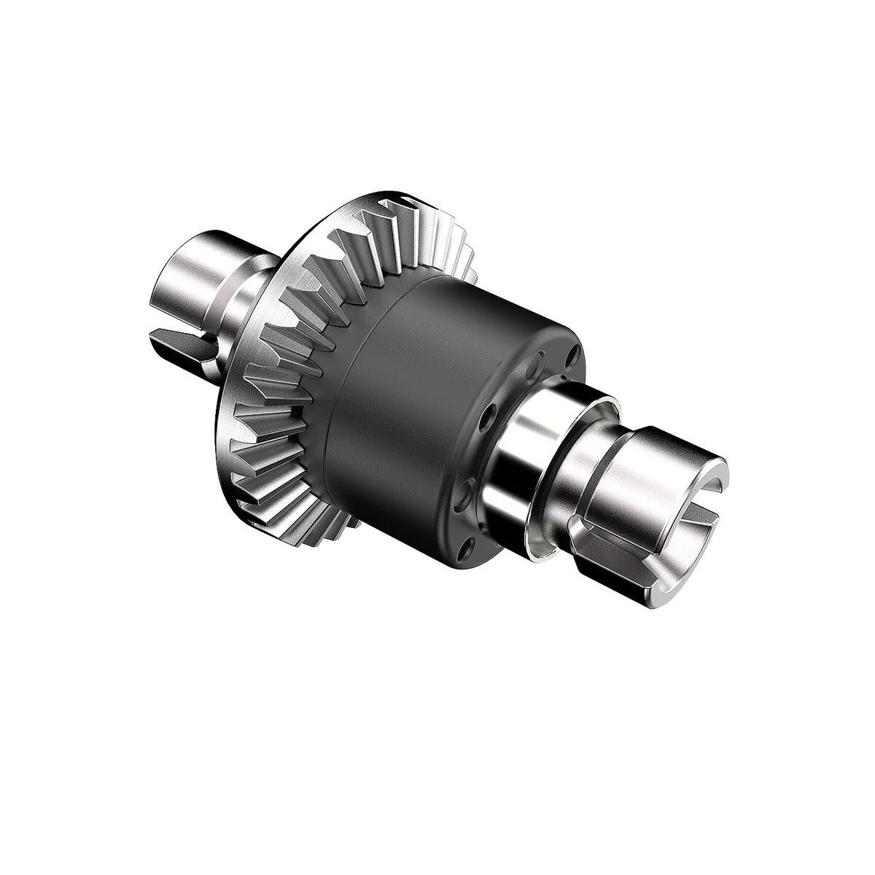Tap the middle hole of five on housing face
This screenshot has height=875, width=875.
click(x=488, y=418)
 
